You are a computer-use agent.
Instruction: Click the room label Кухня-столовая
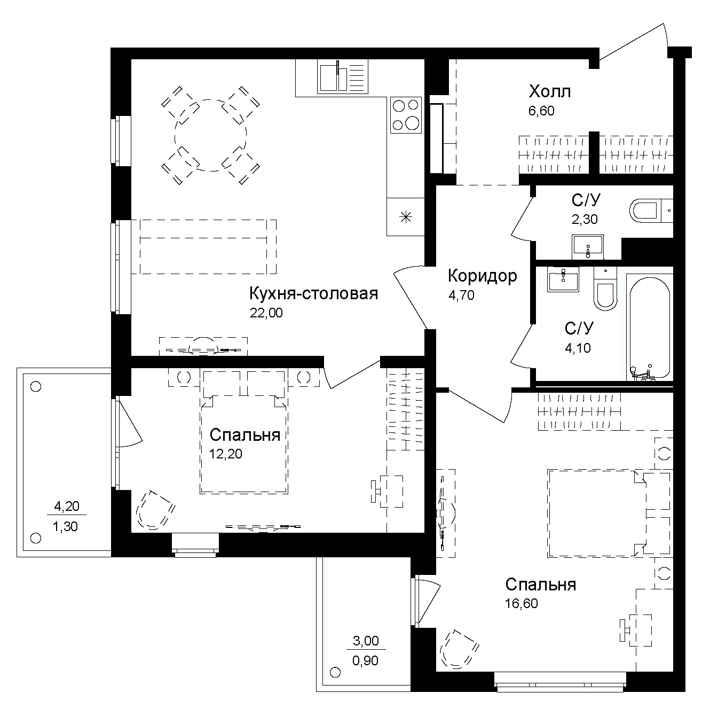click(x=313, y=293)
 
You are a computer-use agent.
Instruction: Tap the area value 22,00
click(x=266, y=313)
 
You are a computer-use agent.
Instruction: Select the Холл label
click(x=549, y=92)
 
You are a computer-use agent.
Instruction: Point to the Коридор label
click(x=482, y=276)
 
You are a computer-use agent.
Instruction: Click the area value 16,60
click(x=521, y=604)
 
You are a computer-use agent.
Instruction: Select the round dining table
click(x=210, y=135)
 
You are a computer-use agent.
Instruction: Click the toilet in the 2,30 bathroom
click(x=648, y=211)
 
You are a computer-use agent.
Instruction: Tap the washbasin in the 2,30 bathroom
click(x=588, y=246)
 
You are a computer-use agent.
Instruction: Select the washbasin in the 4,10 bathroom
click(x=563, y=279)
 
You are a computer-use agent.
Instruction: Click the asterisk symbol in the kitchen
click(x=406, y=217)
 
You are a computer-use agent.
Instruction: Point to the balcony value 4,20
click(x=67, y=506)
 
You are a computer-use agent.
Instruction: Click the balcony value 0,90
click(x=365, y=660)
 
